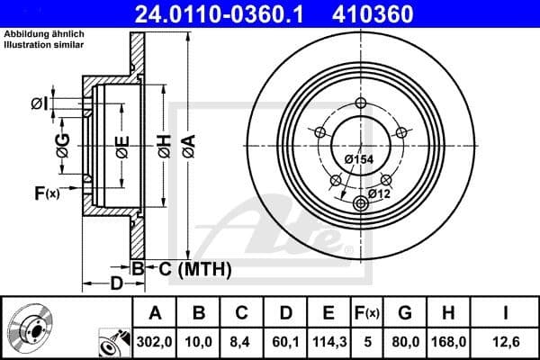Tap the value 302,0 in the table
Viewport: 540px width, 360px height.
(155, 340)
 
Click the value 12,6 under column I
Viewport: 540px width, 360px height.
(505, 340)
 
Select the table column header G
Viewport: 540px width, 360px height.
(405, 312)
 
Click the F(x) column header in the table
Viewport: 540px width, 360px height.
(366, 312)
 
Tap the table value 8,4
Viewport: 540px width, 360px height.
(240, 340)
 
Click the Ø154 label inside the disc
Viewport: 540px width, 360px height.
(358, 159)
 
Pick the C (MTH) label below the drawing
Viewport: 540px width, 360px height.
(194, 268)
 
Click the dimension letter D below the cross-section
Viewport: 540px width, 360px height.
(116, 285)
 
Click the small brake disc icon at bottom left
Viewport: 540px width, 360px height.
(33, 332)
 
